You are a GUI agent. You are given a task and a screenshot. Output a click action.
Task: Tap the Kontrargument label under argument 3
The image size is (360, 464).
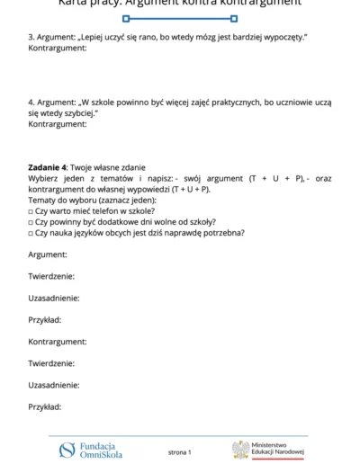(58, 48)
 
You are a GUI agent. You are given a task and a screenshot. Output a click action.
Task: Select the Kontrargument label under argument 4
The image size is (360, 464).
(58, 124)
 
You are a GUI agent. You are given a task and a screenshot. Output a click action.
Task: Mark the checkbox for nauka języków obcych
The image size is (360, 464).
(31, 233)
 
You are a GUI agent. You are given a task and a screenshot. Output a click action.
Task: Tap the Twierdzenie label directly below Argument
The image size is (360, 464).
(51, 276)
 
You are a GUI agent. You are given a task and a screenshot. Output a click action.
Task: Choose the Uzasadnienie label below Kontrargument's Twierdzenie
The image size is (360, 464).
(54, 385)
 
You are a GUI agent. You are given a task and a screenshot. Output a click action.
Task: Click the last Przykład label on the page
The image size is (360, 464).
(45, 406)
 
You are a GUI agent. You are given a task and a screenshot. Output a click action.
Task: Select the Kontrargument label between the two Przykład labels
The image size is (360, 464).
(58, 342)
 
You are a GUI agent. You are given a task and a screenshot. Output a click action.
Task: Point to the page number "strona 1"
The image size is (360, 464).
(179, 451)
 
